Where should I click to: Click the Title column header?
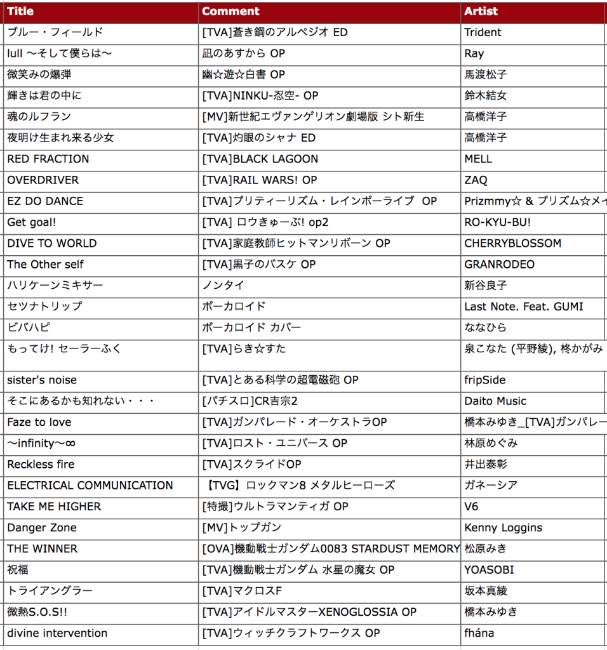[20, 11]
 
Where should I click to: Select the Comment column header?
[230, 11]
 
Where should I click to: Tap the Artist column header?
[481, 11]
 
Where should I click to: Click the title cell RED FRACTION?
[48, 159]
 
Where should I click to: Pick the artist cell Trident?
[483, 32]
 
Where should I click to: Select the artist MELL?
[478, 159]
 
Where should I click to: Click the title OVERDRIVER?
[43, 180]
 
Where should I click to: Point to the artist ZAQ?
[476, 180]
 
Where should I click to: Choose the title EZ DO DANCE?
[45, 201]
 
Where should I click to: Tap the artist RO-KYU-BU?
[498, 222]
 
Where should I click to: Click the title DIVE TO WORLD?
[52, 243]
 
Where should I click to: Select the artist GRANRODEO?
[500, 264]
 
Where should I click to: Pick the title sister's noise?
[42, 380]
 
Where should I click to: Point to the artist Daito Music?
[495, 401]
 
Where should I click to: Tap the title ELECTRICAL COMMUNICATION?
[90, 486]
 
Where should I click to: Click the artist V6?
[471, 507]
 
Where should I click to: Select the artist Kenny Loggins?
[504, 527]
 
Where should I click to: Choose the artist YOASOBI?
[489, 570]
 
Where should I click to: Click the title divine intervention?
[57, 633]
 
